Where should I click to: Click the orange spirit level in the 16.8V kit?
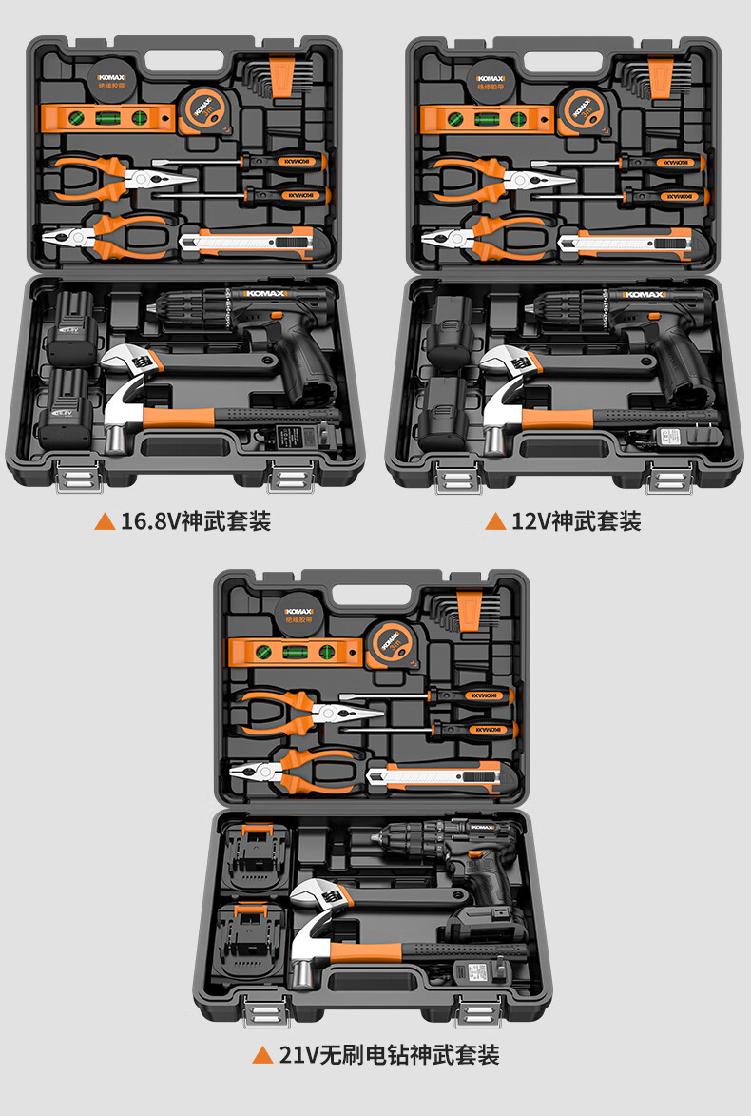105,118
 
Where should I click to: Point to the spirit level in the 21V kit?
295,652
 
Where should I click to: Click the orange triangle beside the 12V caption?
494,521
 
